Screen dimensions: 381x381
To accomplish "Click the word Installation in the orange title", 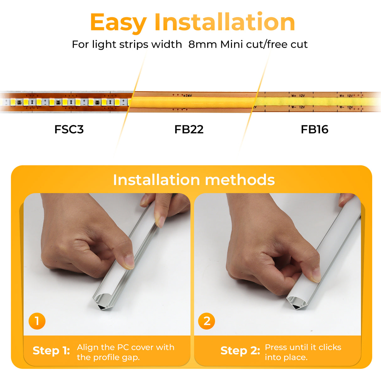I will click(224, 22).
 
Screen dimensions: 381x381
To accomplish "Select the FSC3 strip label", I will click(69, 129).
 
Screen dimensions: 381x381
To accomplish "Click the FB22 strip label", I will click(189, 129).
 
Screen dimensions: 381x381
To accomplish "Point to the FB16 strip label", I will click(314, 129).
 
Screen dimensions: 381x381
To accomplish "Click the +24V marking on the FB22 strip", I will click(187, 95).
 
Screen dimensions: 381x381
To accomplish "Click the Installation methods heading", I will click(194, 180).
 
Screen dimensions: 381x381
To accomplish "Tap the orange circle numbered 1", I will click(37, 321).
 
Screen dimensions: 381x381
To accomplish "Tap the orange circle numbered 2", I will click(207, 321).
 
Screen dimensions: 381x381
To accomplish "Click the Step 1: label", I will click(51, 351).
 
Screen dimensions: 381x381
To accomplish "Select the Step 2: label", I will click(240, 351).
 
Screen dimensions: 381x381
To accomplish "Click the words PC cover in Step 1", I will click(135, 347).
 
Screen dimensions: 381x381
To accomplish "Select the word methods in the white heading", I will click(240, 180).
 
